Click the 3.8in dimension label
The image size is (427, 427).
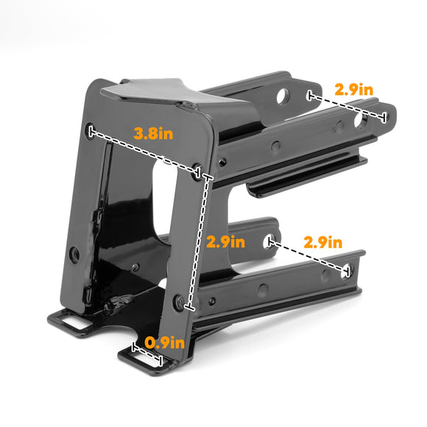coord(153,133)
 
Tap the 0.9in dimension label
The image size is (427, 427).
coord(164,342)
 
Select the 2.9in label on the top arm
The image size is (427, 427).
coord(354,89)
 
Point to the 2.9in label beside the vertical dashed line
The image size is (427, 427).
coord(225,241)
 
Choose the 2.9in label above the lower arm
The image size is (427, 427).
coord(323,241)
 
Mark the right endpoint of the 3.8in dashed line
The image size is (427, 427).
coord(197,173)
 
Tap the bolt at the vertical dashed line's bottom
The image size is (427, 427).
coord(179,301)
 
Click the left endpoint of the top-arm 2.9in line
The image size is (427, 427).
coord(310,94)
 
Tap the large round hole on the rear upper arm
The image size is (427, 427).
coord(283,96)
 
